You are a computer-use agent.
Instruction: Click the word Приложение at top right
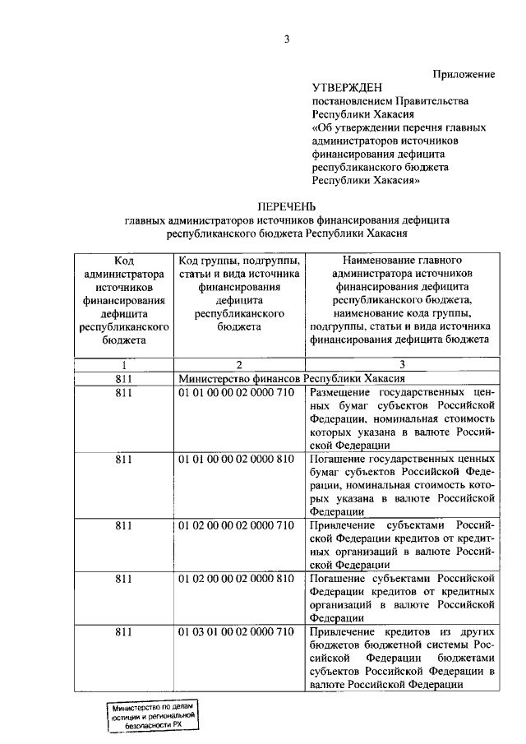pos(464,74)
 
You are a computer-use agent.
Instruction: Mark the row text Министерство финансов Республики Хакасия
pos(292,378)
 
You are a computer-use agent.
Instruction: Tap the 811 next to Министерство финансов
pos(123,378)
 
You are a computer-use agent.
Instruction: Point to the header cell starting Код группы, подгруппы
pos(239,293)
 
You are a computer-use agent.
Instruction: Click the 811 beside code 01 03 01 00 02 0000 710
pos(123,631)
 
